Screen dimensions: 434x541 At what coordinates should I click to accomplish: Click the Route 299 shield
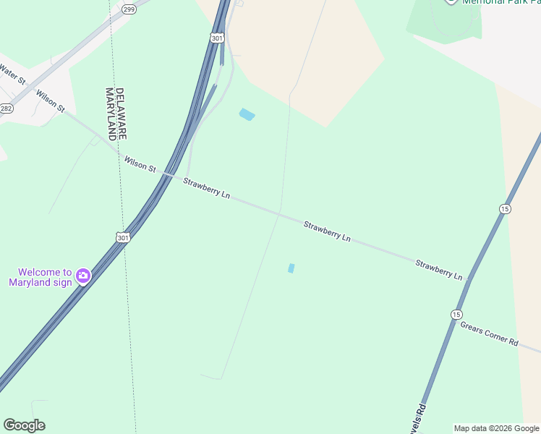(x=129, y=9)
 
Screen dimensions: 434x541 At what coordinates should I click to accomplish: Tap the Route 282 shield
(x=7, y=109)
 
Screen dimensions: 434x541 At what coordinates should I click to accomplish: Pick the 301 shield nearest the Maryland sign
(x=123, y=237)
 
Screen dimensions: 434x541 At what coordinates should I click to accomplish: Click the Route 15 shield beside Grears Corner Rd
(x=456, y=314)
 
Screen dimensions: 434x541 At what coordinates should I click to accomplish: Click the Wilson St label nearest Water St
(x=50, y=101)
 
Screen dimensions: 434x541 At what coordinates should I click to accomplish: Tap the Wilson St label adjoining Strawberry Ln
(x=140, y=164)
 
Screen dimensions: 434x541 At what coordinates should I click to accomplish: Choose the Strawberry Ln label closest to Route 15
(x=438, y=270)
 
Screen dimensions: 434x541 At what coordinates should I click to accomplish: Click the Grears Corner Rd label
(x=490, y=333)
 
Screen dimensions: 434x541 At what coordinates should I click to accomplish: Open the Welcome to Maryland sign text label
(x=41, y=277)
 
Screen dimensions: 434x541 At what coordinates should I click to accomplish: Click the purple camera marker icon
(x=83, y=276)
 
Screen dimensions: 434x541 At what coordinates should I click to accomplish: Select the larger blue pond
(x=247, y=114)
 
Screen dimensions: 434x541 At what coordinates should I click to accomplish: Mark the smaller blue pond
(x=291, y=268)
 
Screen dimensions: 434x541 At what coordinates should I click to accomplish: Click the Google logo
(x=24, y=425)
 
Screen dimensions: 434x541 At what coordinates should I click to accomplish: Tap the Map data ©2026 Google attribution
(x=497, y=428)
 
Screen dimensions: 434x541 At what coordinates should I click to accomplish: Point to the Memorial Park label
(x=499, y=2)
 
